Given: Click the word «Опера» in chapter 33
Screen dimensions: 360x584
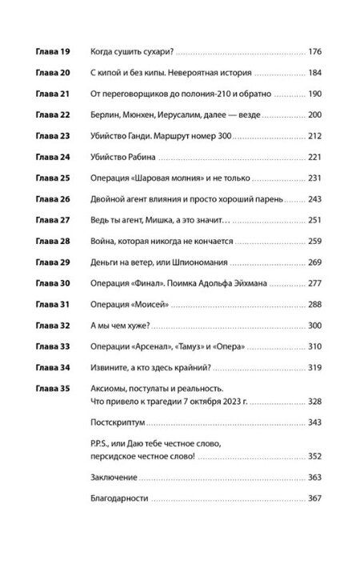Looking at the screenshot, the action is coord(230,346).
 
